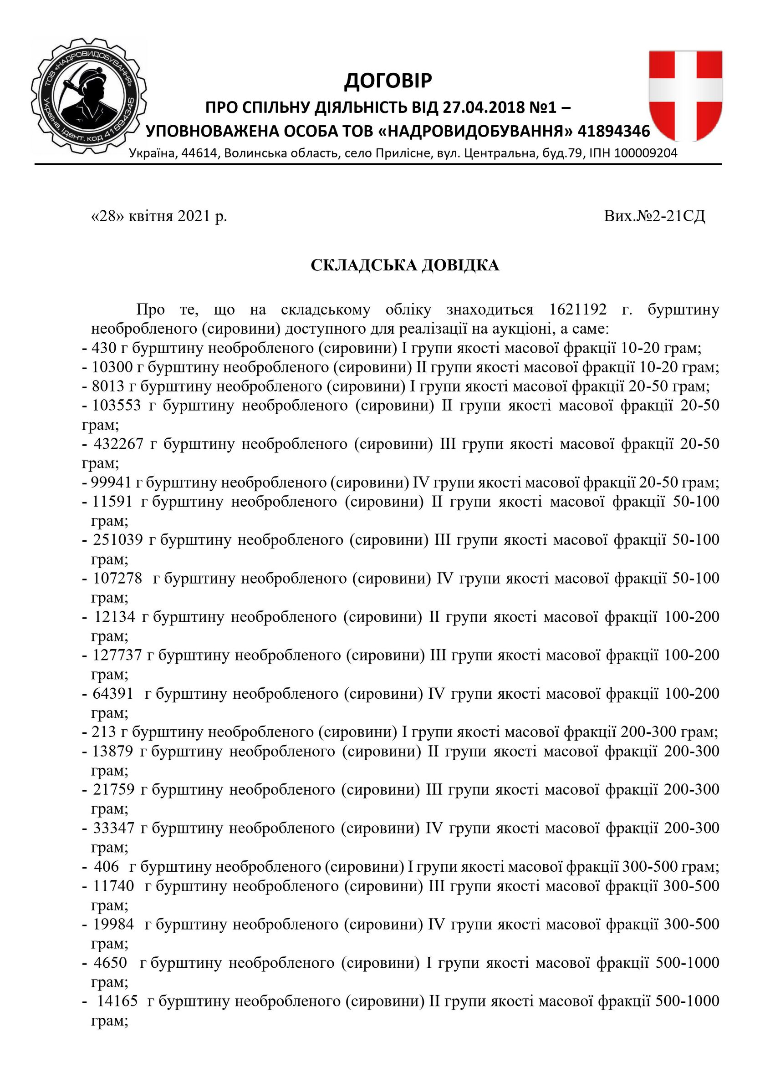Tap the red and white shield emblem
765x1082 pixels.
(x=685, y=96)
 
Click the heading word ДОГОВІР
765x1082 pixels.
(x=388, y=81)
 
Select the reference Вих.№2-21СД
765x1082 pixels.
(x=654, y=216)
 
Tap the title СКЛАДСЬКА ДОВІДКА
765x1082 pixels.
(x=404, y=266)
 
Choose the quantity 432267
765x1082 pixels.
(x=118, y=444)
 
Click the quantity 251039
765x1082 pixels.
(x=118, y=540)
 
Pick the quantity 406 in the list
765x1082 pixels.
(x=107, y=866)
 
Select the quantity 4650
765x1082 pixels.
(x=110, y=962)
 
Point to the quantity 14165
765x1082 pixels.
(x=117, y=1001)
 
